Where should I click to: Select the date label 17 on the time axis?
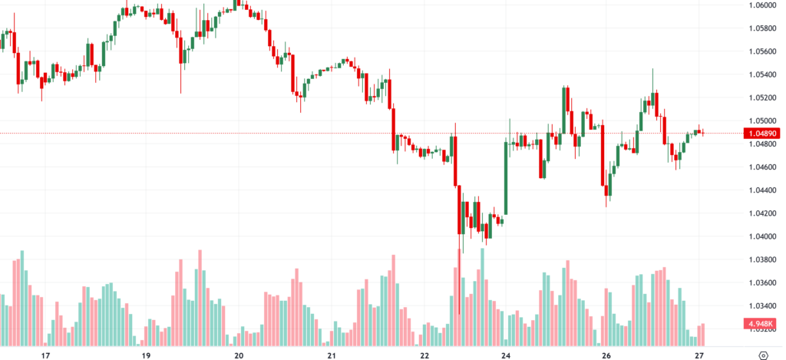click(45, 355)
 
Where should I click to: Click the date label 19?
click(146, 355)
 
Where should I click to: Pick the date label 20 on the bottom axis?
click(239, 355)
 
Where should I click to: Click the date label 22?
click(425, 355)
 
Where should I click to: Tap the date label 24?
click(506, 355)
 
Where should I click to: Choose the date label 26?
click(606, 355)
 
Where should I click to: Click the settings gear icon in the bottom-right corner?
click(763, 355)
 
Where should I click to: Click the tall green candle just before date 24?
click(506, 177)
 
